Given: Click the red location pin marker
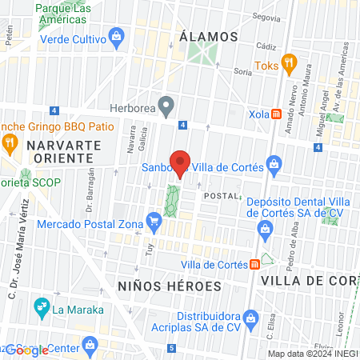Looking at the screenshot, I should click(x=181, y=163).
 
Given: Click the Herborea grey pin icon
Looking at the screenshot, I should click(x=166, y=105).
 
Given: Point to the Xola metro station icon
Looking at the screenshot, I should click(x=276, y=114).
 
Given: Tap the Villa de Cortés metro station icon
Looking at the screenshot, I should click(x=254, y=264).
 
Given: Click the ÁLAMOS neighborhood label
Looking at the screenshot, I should click(x=209, y=37).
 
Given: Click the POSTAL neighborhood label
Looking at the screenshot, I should click(x=221, y=196).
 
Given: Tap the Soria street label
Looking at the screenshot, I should click(x=242, y=71).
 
